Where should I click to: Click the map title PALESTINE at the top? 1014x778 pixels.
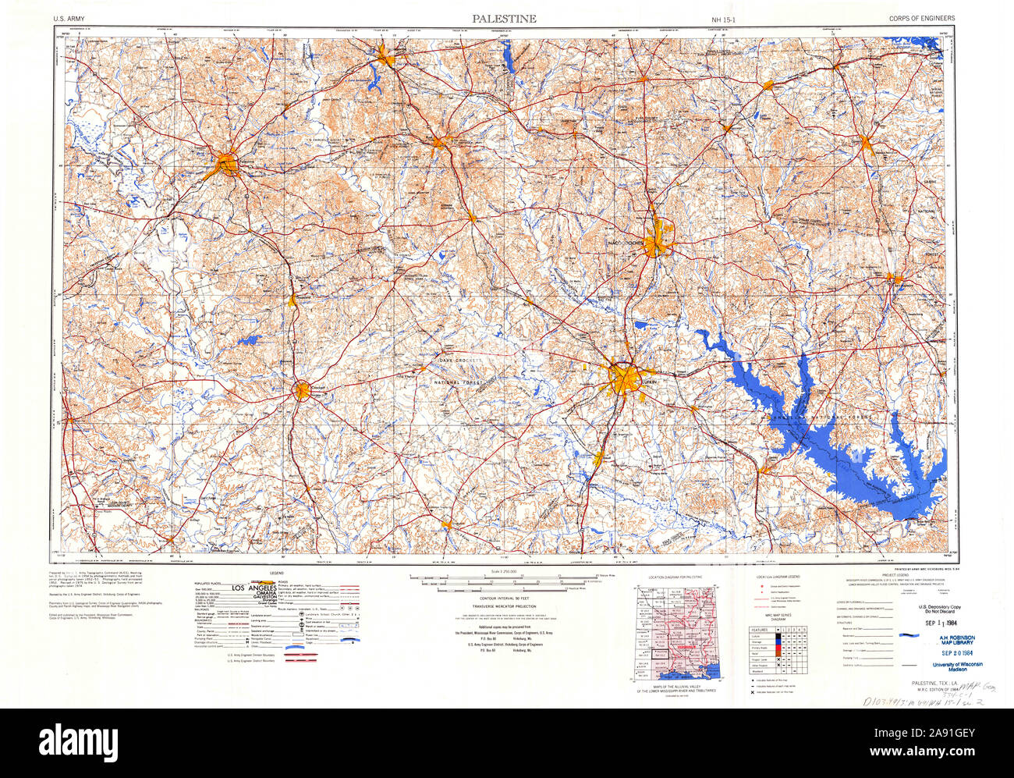pos(503,18)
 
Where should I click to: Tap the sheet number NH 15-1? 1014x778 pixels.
pos(723,19)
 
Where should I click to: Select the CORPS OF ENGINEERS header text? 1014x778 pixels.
pos(921,19)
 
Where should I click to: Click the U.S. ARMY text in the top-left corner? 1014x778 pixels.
pos(70,19)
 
